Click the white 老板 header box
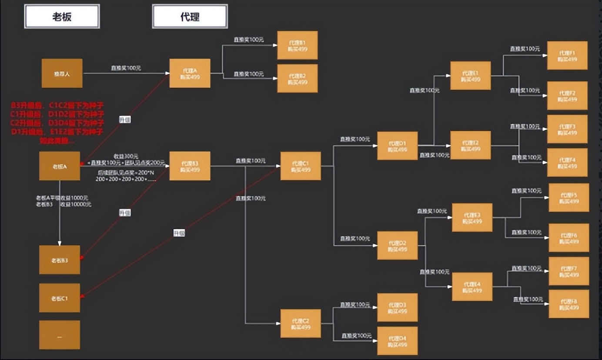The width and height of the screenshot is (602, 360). coord(62,17)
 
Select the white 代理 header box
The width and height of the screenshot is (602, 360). coord(190,17)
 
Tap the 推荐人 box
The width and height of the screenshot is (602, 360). coord(62,73)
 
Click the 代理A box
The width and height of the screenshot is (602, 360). coord(190,73)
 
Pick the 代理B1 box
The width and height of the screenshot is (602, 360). coord(298,45)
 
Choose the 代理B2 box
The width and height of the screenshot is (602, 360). coord(298,79)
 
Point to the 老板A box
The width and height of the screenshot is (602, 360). coord(60,166)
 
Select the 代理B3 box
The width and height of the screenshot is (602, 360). coord(190,166)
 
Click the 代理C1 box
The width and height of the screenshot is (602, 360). coord(301,166)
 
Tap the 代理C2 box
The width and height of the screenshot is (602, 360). coord(301,323)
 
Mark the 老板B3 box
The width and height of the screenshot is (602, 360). coord(60,260)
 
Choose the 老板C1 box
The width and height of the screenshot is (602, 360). coord(60,298)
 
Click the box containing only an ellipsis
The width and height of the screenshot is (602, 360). coord(60,335)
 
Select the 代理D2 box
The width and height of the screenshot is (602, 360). coord(397,246)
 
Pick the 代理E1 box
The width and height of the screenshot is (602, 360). coord(470,76)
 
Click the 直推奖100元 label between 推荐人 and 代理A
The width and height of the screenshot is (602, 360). coord(126,68)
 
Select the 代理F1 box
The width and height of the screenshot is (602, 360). coord(567,56)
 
